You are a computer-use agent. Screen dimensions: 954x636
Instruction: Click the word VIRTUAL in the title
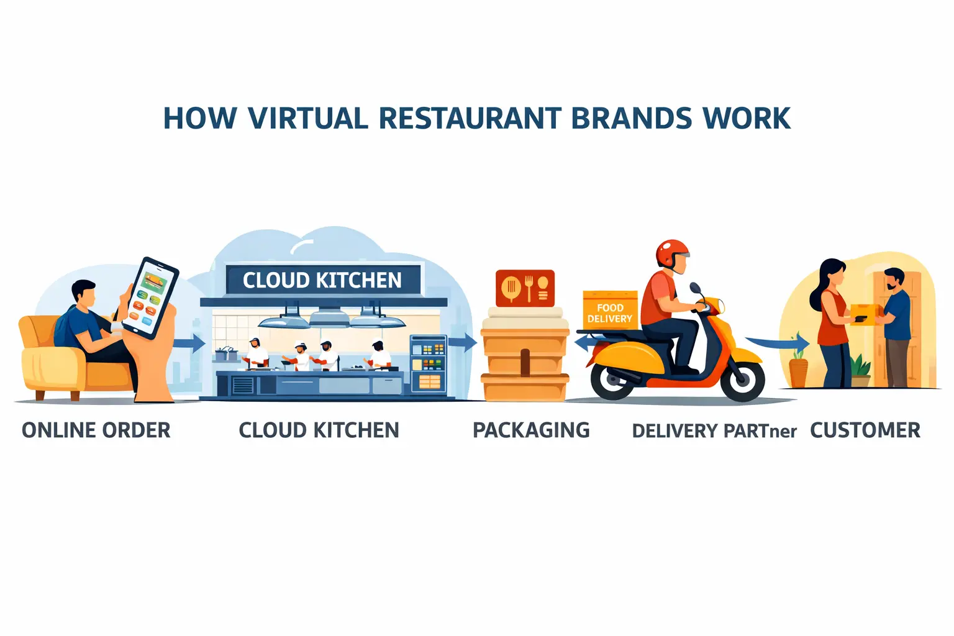click(307, 118)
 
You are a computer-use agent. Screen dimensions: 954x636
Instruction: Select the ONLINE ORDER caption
click(96, 430)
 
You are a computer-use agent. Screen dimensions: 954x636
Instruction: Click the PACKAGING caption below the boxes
click(531, 430)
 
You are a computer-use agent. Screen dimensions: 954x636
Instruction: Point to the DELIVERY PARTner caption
click(714, 431)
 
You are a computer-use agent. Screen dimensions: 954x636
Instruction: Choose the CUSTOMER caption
click(865, 430)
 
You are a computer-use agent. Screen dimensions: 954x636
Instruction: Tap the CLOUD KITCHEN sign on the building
click(322, 280)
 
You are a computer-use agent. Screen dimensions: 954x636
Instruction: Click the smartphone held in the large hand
click(150, 298)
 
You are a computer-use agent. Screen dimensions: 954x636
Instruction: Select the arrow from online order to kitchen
click(189, 343)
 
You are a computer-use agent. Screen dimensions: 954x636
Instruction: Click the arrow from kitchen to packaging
click(462, 342)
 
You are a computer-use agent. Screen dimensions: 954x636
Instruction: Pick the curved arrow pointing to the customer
click(779, 342)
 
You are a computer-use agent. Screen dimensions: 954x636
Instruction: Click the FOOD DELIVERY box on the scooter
click(610, 311)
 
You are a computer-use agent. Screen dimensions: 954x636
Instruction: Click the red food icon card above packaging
click(525, 287)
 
